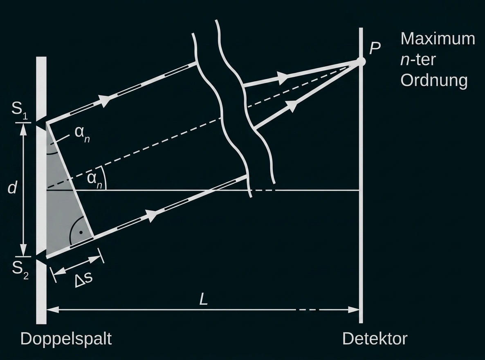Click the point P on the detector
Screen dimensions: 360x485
[361, 62]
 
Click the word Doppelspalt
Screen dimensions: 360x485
[66, 339]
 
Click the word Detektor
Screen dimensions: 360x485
[375, 339]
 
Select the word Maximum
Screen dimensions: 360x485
[438, 39]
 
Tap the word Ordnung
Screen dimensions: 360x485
[433, 80]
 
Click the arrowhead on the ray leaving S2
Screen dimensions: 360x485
[152, 216]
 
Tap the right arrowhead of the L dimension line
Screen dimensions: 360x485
[355, 310]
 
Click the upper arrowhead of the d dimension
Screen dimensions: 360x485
[23, 128]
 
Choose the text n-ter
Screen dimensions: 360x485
[417, 60]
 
